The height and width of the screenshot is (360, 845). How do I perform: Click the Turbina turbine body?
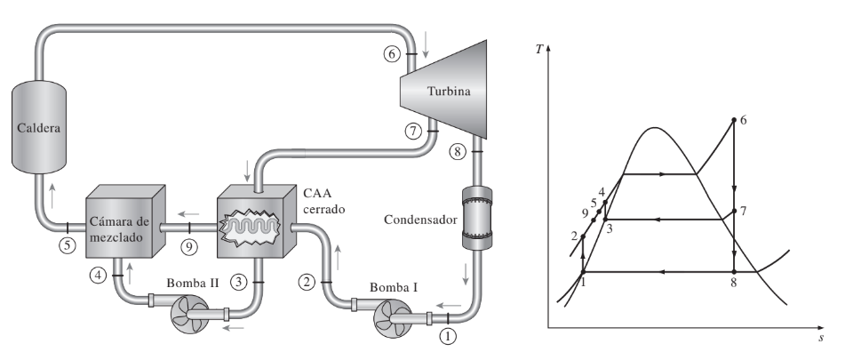coord(443,90)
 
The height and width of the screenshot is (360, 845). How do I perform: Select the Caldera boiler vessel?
coord(39,127)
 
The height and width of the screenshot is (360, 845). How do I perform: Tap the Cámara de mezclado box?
coord(125,221)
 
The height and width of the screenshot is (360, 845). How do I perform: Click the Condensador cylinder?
coord(477,219)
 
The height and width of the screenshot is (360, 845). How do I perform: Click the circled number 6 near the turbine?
coord(393,53)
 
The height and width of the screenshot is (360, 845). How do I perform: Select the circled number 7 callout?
coord(413,131)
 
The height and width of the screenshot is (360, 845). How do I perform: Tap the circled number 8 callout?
coord(457,152)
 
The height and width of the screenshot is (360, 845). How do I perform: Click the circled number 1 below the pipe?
coord(449,336)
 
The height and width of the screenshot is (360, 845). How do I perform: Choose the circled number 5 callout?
coord(68,245)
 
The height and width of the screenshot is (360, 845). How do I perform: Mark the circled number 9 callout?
coord(188,247)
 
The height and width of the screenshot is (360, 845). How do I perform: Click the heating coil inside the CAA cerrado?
coord(251,228)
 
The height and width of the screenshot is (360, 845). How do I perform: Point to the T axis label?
coord(539,50)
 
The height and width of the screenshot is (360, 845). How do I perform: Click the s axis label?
coord(821,339)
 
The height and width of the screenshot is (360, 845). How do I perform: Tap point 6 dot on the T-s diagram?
coord(733,120)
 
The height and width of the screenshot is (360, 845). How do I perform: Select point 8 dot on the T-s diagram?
coord(733,272)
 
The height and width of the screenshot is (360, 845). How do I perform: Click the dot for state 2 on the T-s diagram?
coord(583,236)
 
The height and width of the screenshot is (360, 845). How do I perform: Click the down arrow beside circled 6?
coord(426,52)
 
